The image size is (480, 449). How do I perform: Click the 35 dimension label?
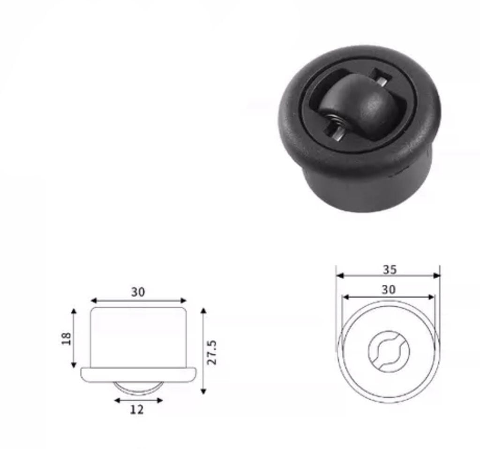click(x=389, y=269)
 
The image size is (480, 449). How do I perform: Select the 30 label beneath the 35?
click(x=388, y=290)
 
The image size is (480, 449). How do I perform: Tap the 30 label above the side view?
click(x=138, y=292)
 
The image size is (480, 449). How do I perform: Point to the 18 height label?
click(x=66, y=338)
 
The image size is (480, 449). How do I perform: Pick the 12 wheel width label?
click(x=137, y=410)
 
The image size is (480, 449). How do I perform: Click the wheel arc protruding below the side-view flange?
click(x=138, y=387)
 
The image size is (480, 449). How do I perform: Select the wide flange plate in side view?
click(x=138, y=374)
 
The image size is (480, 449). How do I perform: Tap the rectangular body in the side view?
click(x=138, y=337)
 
